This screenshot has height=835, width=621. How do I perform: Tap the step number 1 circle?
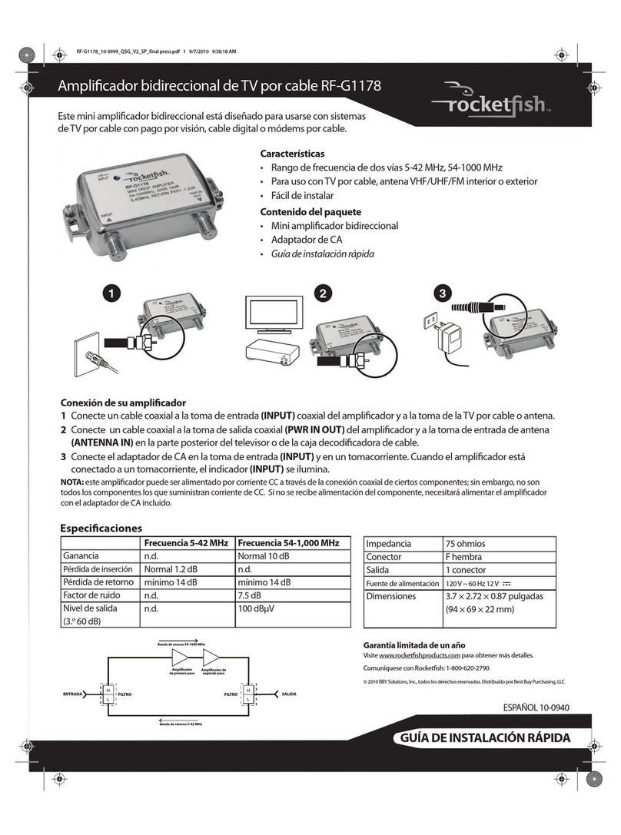113,293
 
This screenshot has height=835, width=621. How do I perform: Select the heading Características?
287,154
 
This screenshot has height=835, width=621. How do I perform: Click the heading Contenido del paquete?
310,211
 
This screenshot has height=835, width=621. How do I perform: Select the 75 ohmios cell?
466,543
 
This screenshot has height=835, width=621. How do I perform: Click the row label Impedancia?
388,543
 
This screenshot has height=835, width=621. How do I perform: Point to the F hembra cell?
464,556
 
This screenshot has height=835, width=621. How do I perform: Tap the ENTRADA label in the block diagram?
74,694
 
